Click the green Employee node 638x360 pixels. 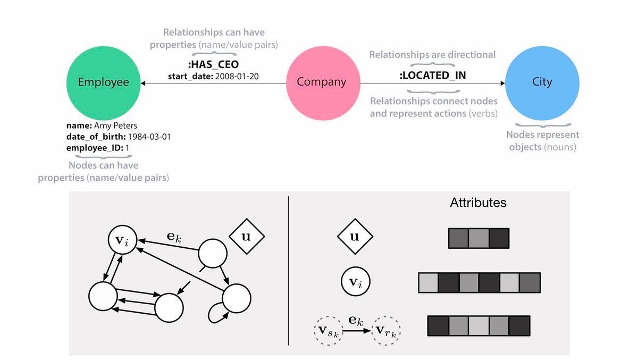pyautogui.click(x=104, y=82)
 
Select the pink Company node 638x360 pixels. pyautogui.click(x=321, y=82)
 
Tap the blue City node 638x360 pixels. pyautogui.click(x=542, y=82)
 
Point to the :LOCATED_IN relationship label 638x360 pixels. pyautogui.click(x=432, y=75)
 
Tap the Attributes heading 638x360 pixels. pyautogui.click(x=478, y=203)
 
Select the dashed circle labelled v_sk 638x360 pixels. pyautogui.click(x=328, y=330)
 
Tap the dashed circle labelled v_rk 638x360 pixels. pyautogui.click(x=387, y=330)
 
